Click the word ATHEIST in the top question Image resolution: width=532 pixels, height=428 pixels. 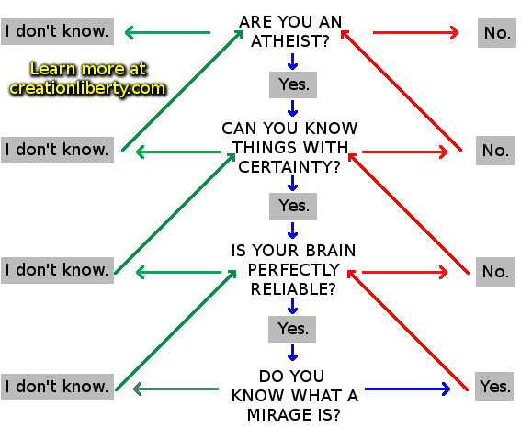pos(290,41)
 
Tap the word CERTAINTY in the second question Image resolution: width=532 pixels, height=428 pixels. pos(289,167)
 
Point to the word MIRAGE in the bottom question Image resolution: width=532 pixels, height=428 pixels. pos(276,415)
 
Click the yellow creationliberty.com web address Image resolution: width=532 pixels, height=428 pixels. pos(87,88)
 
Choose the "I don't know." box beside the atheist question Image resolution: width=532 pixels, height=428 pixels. pos(57,31)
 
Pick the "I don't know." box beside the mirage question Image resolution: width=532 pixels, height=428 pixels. pos(57,387)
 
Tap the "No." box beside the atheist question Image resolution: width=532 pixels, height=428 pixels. pos(497,33)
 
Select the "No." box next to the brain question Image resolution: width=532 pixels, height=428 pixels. pos(495,272)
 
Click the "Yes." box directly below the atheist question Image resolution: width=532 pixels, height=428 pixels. pos(293,84)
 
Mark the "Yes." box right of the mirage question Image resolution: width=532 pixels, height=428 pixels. pos(494,387)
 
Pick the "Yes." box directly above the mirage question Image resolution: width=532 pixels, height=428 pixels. pos(292,329)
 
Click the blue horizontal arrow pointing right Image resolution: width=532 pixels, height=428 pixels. pos(407,389)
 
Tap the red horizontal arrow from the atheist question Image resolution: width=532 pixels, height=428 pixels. pos(416,32)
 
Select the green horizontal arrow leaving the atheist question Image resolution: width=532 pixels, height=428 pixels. pos(167,32)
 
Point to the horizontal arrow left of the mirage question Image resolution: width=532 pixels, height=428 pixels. pos(176,389)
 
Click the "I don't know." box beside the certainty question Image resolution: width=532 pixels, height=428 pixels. pos(57,150)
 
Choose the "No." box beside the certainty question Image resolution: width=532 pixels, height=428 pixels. pos(495,151)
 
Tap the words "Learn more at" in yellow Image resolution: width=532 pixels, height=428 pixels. pos(88,69)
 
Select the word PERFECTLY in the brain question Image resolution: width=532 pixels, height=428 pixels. pos(293,270)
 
